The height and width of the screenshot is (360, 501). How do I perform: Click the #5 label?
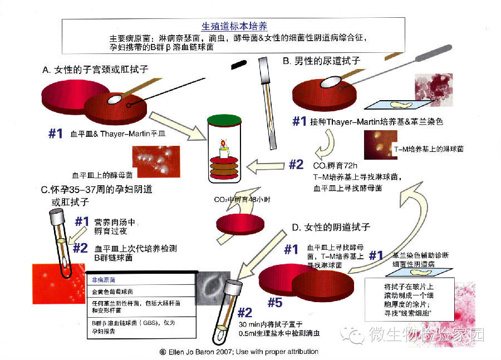pyautogui.click(x=278, y=303)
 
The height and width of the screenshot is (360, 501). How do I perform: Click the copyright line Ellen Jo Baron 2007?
pyautogui.click(x=239, y=351)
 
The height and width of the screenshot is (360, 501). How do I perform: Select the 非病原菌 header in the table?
pyautogui.click(x=104, y=280)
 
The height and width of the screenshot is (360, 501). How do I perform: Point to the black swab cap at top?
pyautogui.click(x=239, y=64)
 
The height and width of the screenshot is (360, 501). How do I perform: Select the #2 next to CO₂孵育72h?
pyautogui.click(x=296, y=165)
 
